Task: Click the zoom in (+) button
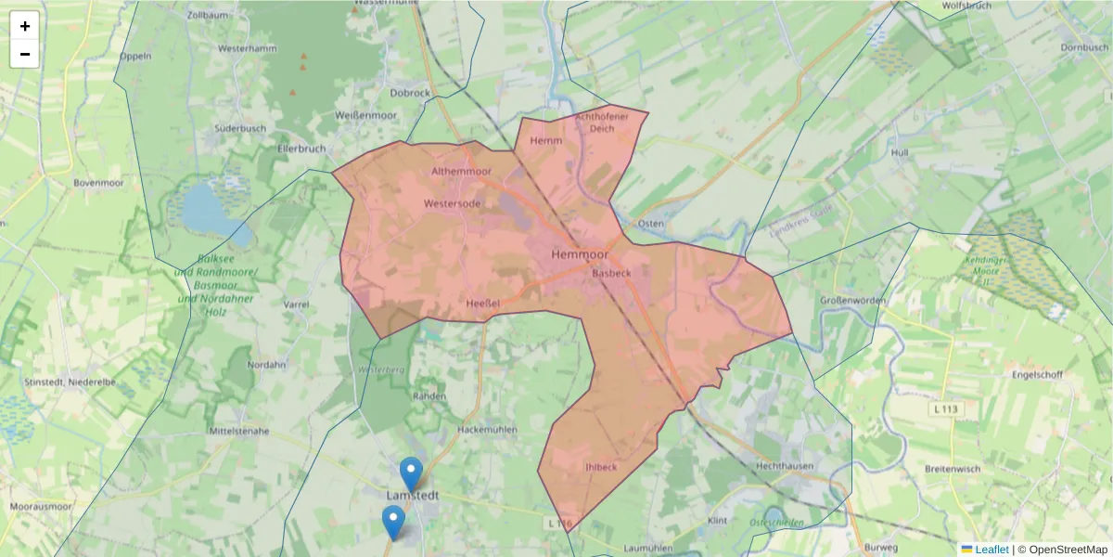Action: click(x=25, y=26)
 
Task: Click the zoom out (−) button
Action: click(x=25, y=54)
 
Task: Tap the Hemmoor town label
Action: click(x=579, y=253)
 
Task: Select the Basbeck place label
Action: click(x=611, y=273)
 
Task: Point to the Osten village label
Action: click(x=650, y=224)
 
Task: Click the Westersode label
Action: click(x=453, y=203)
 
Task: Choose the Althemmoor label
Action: click(x=462, y=172)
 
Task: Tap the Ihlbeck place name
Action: click(x=601, y=467)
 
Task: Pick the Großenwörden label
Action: click(x=852, y=300)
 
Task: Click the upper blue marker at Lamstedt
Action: click(x=411, y=472)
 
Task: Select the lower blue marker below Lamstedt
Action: click(x=393, y=521)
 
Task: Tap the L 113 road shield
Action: click(x=945, y=408)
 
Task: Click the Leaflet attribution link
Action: click(x=991, y=550)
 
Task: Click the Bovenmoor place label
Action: click(x=98, y=183)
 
